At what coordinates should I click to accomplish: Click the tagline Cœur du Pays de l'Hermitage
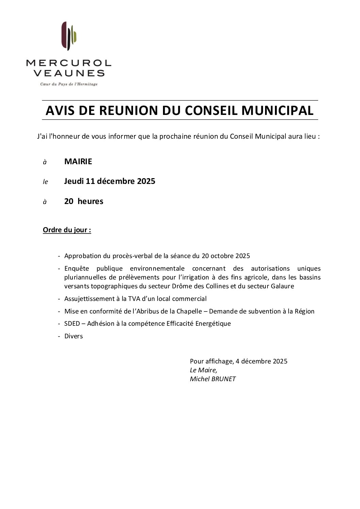pos(69,84)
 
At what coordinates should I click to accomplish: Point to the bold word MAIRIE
pos(78,162)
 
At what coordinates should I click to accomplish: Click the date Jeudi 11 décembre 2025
pos(110,181)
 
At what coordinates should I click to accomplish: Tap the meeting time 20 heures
pos(84,201)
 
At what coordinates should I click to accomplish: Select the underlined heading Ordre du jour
pos(67,230)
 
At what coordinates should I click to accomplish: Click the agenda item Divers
pos(73,336)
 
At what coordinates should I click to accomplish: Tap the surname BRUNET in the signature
pos(223,379)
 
